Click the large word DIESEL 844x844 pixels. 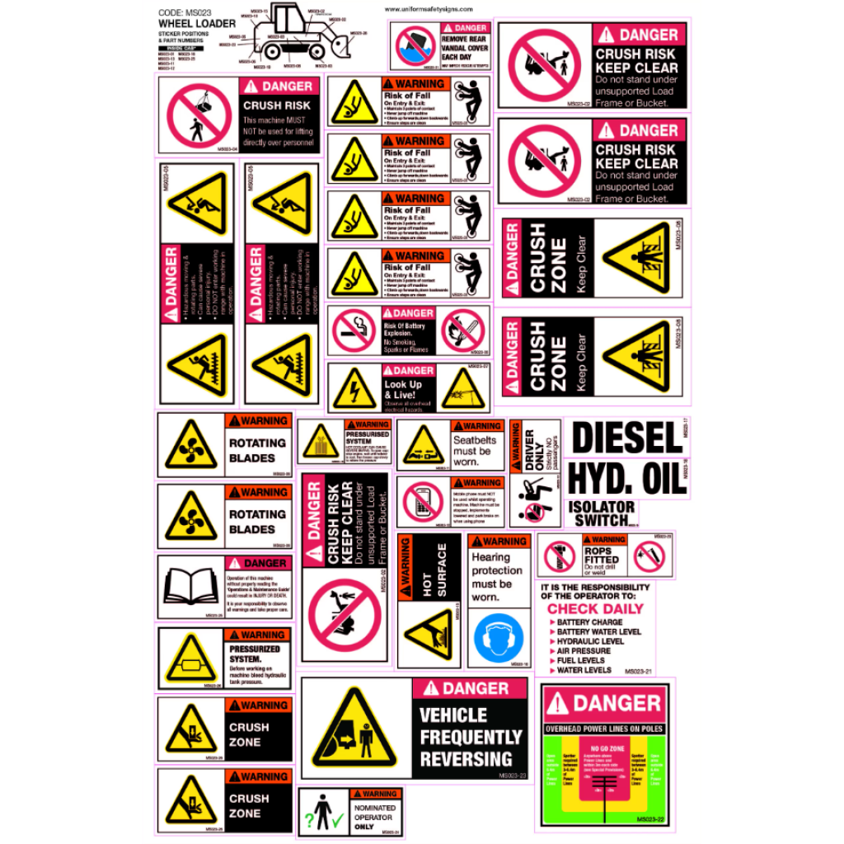coord(627,438)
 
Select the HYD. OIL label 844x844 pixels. coord(627,478)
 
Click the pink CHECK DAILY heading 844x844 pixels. coord(596,609)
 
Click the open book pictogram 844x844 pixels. coord(190,587)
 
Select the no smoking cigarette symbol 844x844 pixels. coord(354,331)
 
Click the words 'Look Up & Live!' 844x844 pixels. coord(404,389)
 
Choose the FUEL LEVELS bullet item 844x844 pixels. coord(580,660)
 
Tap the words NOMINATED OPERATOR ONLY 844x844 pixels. coord(375,817)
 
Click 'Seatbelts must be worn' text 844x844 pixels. coord(472,451)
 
